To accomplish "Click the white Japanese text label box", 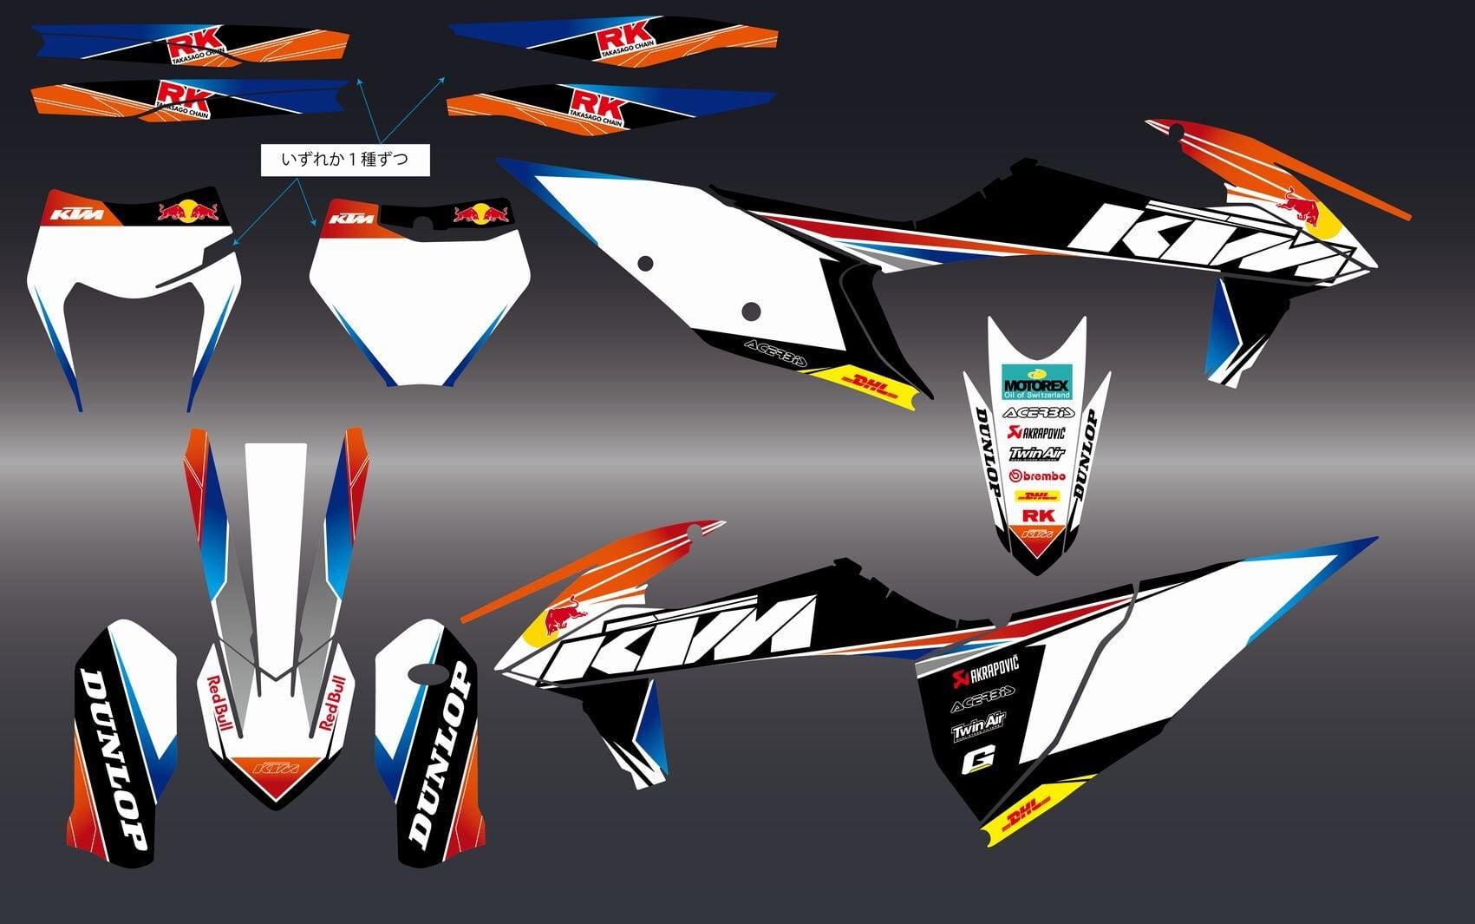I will click(x=345, y=160).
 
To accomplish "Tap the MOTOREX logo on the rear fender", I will click(x=1036, y=382).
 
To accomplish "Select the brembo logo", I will click(x=1037, y=475).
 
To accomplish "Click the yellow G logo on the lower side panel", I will click(x=978, y=761).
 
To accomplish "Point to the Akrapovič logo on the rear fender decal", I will click(x=1036, y=432).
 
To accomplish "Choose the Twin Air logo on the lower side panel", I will click(x=978, y=727).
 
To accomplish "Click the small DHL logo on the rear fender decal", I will click(x=1037, y=496).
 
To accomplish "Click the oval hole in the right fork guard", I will click(x=425, y=675).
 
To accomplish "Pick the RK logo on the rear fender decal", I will click(x=1038, y=515).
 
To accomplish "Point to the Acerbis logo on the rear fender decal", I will click(x=1037, y=412).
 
